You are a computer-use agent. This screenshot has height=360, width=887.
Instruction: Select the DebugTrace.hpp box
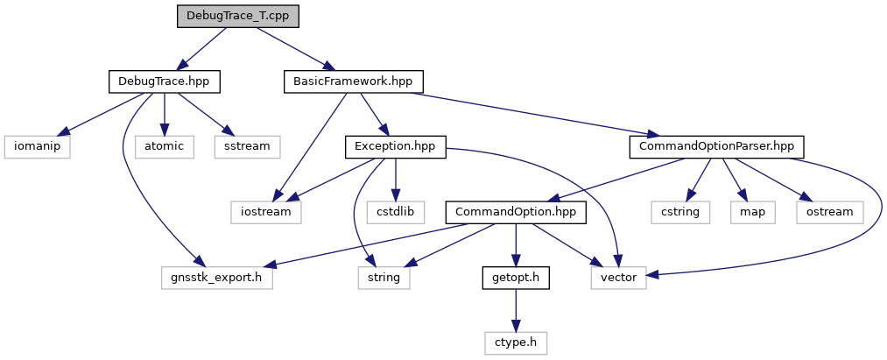click(x=164, y=81)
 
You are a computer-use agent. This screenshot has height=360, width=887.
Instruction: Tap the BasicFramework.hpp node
click(x=354, y=81)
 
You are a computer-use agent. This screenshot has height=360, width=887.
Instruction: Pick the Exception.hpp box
click(x=396, y=146)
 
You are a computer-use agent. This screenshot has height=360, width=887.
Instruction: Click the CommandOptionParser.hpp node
click(x=716, y=146)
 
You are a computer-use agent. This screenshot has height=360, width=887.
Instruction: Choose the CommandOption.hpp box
click(x=515, y=212)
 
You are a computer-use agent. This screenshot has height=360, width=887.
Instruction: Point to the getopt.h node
click(x=515, y=278)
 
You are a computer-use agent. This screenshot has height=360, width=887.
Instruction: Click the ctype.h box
click(x=515, y=342)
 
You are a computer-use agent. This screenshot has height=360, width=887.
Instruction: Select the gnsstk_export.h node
click(x=217, y=278)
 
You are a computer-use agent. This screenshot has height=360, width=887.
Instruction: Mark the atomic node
click(x=165, y=146)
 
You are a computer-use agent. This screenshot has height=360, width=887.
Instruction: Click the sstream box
click(x=248, y=146)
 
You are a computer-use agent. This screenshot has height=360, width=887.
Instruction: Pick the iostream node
click(x=266, y=212)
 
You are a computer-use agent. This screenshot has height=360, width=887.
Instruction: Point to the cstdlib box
click(x=396, y=212)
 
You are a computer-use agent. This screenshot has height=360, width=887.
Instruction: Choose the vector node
click(x=618, y=278)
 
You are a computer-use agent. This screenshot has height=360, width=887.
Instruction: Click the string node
click(x=384, y=278)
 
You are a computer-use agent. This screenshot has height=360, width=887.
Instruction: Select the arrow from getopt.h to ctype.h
click(x=515, y=310)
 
